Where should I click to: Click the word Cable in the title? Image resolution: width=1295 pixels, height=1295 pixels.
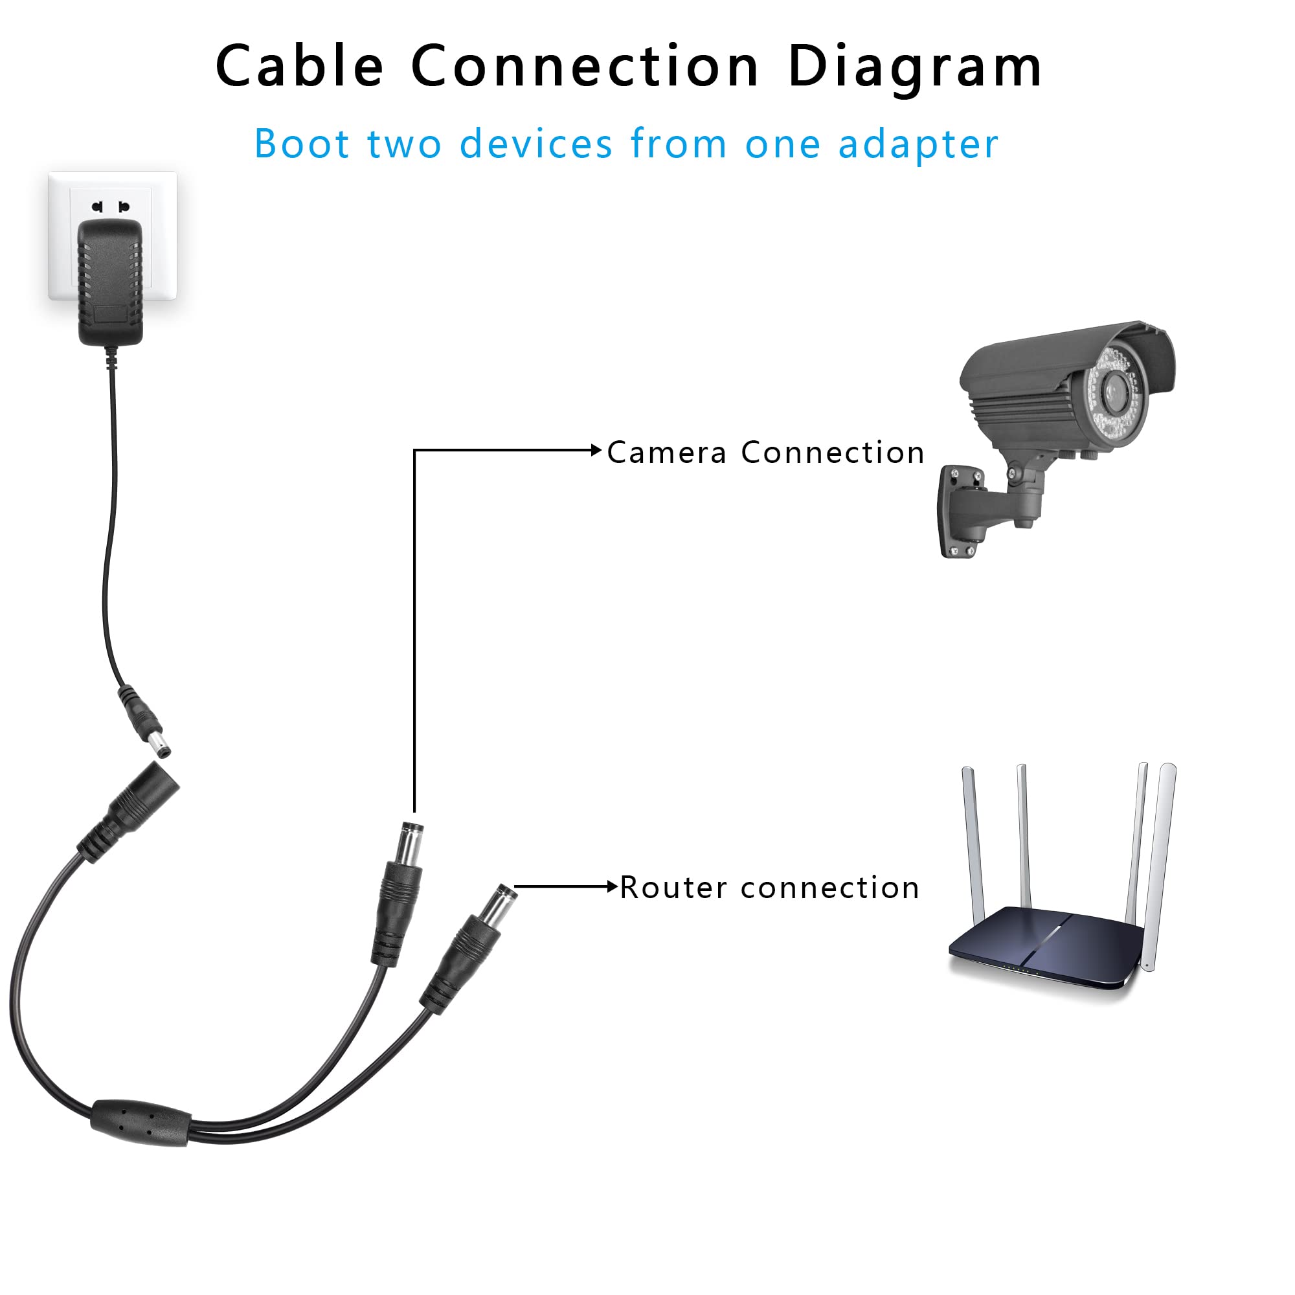(300, 65)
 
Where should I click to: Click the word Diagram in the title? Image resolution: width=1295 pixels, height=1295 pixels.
(915, 67)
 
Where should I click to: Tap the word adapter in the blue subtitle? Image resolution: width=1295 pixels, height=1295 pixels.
(918, 145)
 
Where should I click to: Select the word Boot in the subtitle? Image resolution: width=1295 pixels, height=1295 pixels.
(302, 144)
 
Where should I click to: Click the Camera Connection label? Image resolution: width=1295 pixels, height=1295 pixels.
(766, 453)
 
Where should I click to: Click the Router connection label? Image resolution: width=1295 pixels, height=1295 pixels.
(769, 888)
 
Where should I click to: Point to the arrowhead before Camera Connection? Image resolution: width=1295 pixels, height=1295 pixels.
(596, 451)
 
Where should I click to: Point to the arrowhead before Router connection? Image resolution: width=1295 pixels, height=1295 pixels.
(611, 887)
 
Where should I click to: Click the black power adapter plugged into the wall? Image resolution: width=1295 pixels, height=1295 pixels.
(111, 282)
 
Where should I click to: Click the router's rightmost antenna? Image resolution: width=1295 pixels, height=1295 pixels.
(1160, 864)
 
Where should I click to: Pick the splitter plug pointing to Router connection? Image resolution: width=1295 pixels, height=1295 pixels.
(469, 947)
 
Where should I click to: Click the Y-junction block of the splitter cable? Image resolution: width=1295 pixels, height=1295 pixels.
(141, 1123)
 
